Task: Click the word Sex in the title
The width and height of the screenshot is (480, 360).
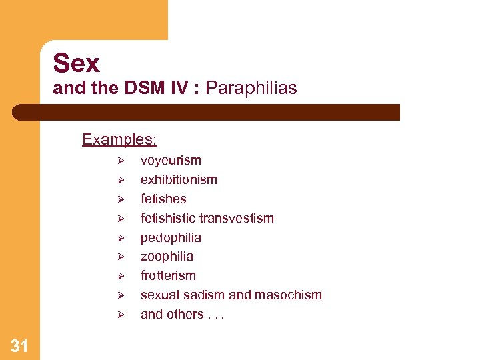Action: coord(77,63)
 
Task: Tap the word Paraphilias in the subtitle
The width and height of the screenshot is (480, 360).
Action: coord(251,88)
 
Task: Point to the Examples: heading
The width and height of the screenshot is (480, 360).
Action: coord(119,139)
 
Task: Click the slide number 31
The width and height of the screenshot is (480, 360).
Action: coord(19,345)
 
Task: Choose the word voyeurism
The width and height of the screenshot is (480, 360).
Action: coord(171,160)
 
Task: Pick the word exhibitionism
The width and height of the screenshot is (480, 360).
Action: coord(179,179)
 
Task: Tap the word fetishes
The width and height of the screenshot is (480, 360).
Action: coord(163,199)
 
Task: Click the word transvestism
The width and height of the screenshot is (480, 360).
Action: coord(240,218)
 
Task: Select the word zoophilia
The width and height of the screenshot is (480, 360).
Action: coord(167,256)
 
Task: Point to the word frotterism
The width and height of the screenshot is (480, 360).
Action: coord(168,275)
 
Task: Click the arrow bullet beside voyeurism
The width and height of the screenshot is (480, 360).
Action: coord(121,161)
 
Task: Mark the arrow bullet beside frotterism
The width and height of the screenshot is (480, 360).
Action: coord(121,276)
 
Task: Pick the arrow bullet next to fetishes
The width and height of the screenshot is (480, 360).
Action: coord(121,199)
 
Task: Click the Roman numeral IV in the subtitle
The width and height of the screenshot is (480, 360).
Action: coord(179,88)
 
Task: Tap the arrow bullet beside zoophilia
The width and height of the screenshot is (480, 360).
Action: coord(121,257)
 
